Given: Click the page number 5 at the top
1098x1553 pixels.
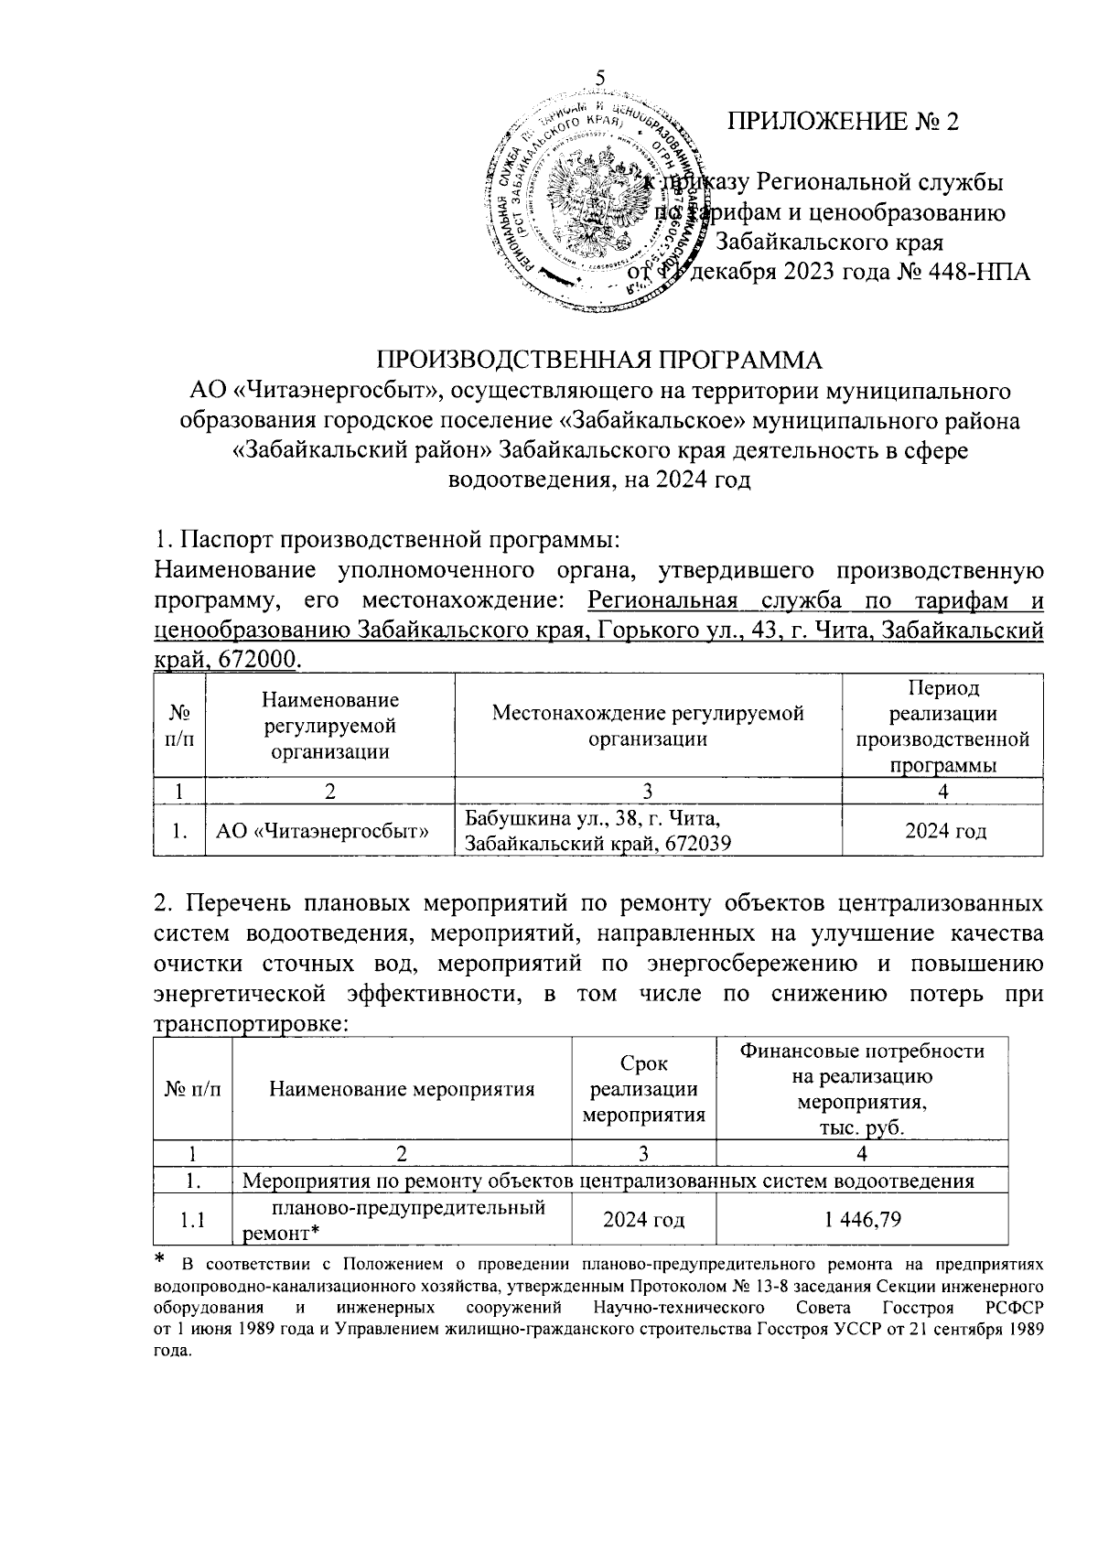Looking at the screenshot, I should click(601, 79).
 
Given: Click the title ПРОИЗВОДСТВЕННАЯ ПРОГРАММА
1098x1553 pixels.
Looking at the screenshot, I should click(600, 360).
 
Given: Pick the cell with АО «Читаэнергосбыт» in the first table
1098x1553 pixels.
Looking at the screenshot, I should click(323, 831).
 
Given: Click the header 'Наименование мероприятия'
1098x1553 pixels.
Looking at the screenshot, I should click(402, 1089).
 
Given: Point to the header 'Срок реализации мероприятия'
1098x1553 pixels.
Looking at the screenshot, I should click(644, 1089).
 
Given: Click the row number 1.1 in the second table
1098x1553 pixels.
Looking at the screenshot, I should click(193, 1219).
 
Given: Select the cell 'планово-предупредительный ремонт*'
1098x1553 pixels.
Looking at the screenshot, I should click(404, 1219).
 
